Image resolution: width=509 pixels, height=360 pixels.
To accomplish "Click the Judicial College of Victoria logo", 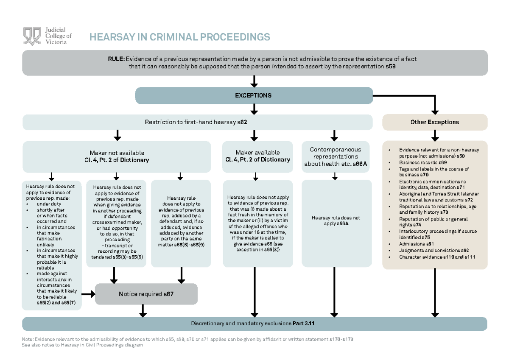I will pos(47,36).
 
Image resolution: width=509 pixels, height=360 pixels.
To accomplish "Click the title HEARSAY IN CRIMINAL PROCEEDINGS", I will pos(179,37).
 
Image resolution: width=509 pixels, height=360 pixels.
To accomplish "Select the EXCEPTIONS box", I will pos(254,95).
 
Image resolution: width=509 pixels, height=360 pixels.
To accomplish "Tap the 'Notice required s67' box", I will pos(146,294).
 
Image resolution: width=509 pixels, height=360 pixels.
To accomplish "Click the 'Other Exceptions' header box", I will pos(434,122).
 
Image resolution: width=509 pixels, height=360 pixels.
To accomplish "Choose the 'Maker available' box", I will pos(257,156).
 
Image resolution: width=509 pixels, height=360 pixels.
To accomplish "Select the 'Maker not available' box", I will pos(117,156).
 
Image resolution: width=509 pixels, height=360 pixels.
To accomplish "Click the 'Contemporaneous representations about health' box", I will pos(335,156).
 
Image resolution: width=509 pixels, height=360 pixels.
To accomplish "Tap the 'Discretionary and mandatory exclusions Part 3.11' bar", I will pos(255,324).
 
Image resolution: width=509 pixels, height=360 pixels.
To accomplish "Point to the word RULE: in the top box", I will pos(116,59).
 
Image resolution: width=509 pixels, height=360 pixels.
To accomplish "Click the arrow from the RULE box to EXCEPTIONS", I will pos(254,81).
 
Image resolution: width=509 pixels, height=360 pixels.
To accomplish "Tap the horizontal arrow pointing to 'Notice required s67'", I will pos(88,293).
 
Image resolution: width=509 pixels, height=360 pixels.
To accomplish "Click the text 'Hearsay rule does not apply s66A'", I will pos(335,220).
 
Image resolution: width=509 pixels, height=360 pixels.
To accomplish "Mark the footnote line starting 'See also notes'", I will pos(83,345).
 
